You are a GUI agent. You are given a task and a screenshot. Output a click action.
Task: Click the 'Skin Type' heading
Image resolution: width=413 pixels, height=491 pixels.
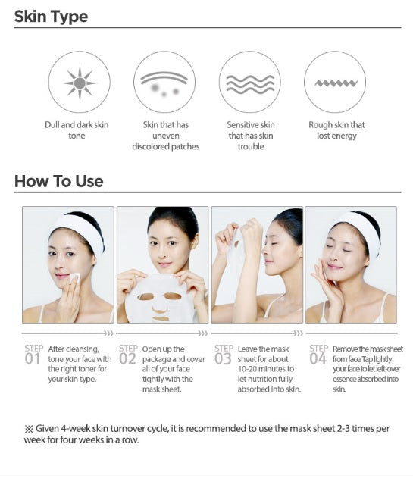51,16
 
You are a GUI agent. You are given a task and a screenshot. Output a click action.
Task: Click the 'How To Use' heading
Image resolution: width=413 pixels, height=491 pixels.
58,181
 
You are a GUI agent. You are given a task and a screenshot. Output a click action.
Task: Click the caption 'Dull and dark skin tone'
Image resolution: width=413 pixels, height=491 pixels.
77,130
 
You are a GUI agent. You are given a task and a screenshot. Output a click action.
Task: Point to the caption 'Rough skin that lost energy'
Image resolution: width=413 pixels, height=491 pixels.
336,130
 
